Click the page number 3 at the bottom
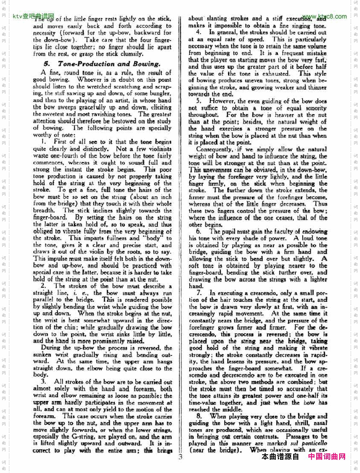coord(180,458)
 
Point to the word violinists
coord(157,149)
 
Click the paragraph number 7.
coord(198,293)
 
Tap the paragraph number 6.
coord(198,232)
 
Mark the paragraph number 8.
coord(198,416)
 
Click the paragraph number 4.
coord(198,32)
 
